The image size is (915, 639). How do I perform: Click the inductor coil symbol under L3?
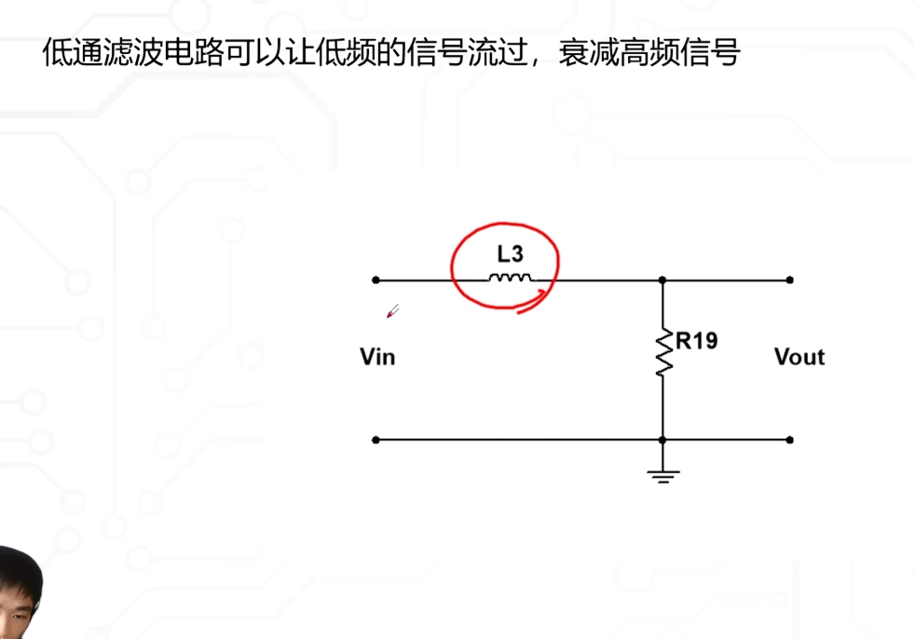(511, 278)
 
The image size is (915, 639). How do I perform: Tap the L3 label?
(511, 253)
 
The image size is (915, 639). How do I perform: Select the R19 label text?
(696, 341)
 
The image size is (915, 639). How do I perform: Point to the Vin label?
(377, 357)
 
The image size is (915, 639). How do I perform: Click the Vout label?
(799, 357)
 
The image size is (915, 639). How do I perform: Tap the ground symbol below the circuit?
(663, 476)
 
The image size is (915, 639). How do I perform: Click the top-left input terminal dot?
(376, 279)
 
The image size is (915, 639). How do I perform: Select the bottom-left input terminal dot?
(376, 440)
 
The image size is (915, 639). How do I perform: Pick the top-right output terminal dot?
(790, 279)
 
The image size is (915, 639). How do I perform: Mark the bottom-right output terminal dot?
(790, 440)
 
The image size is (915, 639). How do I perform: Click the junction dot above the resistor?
(662, 279)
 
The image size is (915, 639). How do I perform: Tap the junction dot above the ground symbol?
(662, 440)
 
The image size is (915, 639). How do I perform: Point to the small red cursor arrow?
(392, 312)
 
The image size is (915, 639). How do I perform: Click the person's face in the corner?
(19, 587)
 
